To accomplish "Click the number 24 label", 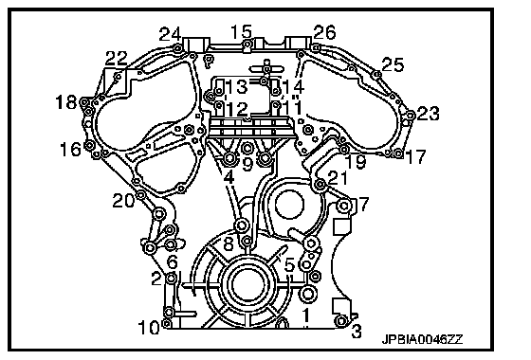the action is pos(170,34).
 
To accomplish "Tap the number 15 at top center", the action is pos(241,32).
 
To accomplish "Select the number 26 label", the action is pos(324,32).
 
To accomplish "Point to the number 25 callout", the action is pos(393,64).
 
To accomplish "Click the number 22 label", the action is pos(116,59).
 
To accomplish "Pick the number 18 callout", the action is pos(66,102).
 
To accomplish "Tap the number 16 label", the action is pos(70,149).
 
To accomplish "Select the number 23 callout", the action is pos(428,114).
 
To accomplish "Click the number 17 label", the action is pos(415,156).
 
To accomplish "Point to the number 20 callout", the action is pos(123,201).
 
